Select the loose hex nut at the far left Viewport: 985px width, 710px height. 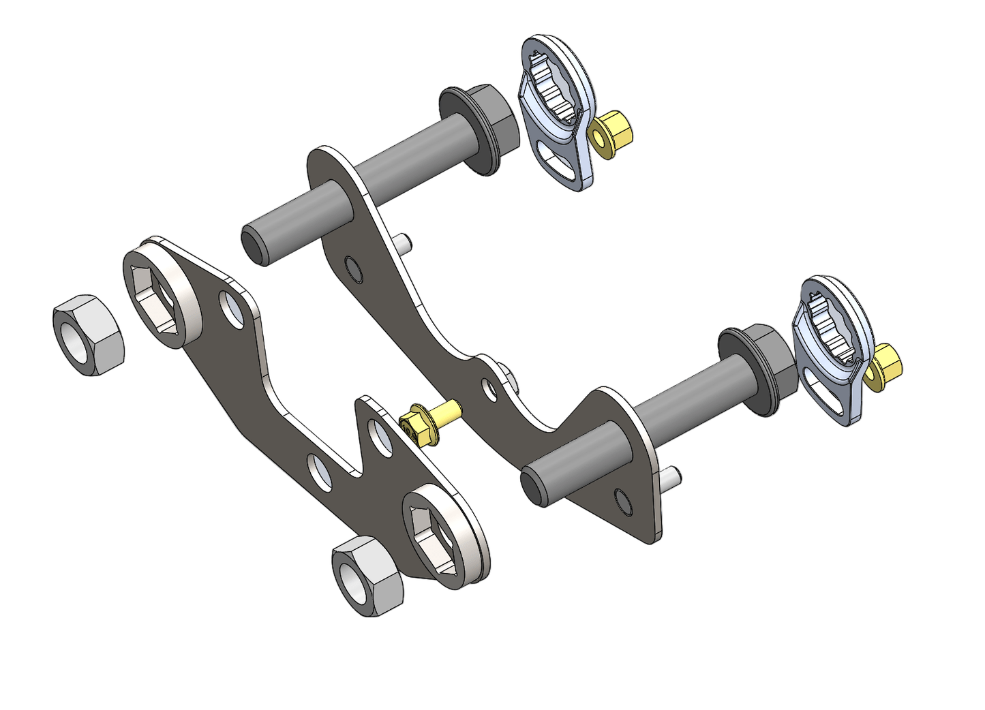pos(89,335)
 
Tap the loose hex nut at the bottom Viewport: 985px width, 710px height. pos(367,576)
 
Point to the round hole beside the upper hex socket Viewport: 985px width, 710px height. pos(232,308)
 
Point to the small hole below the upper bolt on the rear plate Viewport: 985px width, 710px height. pos(353,269)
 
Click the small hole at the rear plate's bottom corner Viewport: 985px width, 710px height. pos(623,501)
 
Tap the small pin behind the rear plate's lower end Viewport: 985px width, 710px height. pos(671,476)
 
